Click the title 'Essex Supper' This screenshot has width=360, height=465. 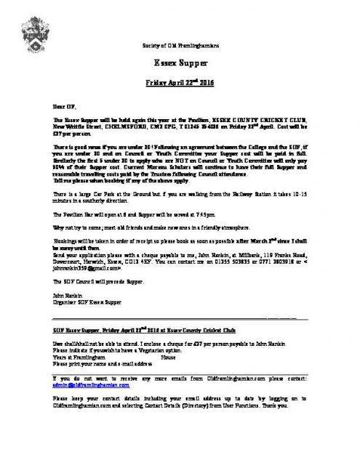(x=180, y=63)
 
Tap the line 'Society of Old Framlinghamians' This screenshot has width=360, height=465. (x=180, y=46)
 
